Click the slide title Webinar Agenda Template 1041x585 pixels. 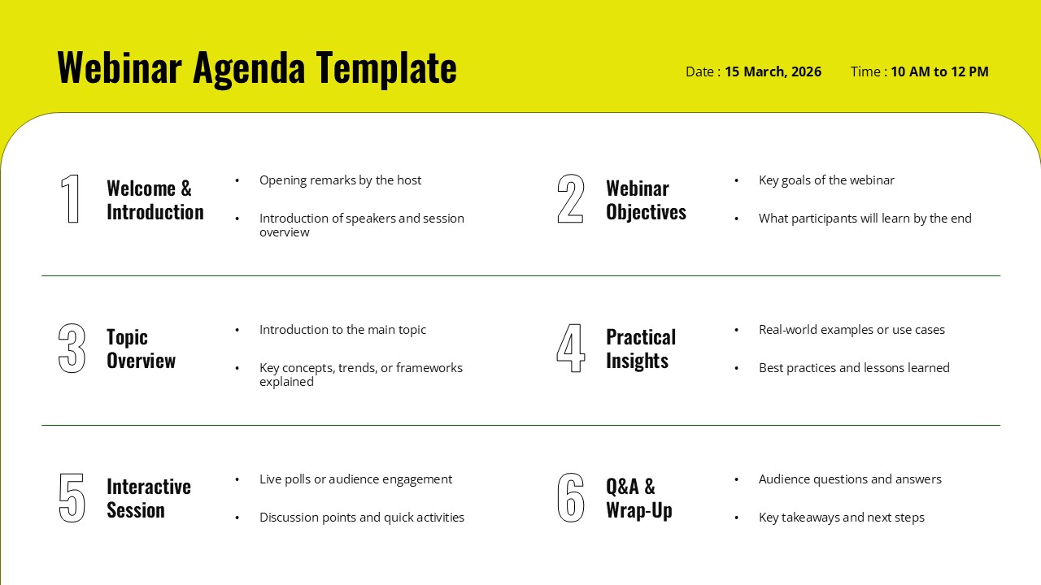[257, 68]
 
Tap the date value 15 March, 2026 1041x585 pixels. [773, 71]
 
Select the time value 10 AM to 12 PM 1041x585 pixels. [939, 71]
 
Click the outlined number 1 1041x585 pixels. [72, 199]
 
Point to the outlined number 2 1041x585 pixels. [571, 199]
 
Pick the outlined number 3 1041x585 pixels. [72, 349]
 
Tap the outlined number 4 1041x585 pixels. [571, 349]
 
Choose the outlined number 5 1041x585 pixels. [72, 498]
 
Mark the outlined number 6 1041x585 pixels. [571, 498]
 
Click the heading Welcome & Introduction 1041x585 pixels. [155, 200]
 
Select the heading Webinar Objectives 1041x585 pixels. [646, 200]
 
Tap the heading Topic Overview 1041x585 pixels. [141, 349]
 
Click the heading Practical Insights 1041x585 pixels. [641, 349]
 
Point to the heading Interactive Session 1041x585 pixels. [148, 498]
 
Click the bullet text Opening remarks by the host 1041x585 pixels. [340, 180]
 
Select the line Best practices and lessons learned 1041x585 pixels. [854, 368]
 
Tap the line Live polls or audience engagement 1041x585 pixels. [355, 479]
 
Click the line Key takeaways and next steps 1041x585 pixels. [841, 518]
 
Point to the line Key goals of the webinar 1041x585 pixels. [826, 180]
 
